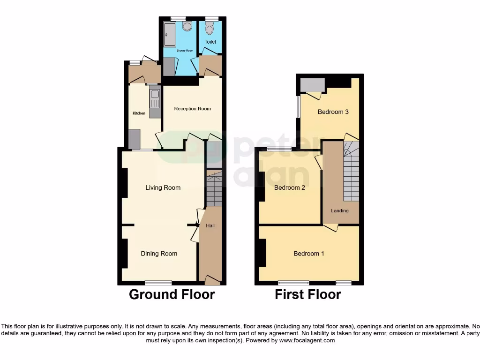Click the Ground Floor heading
172,294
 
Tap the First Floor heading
307,294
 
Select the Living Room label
163,187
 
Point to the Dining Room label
159,254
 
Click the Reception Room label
192,109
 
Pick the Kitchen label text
138,113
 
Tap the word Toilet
210,42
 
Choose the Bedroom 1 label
309,254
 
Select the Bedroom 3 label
333,112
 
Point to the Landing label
340,210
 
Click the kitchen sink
155,99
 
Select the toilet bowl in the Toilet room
210,29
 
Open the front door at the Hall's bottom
212,280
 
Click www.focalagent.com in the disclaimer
307,340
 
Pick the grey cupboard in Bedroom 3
312,85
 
